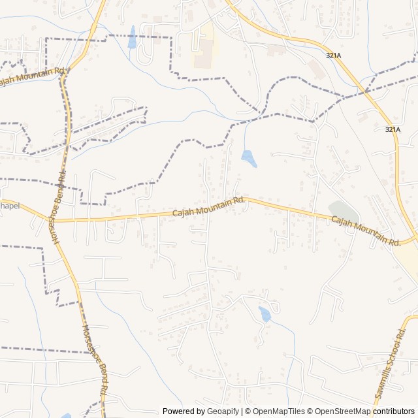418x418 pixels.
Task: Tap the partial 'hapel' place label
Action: point(10,205)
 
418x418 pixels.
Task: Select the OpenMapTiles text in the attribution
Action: point(278,411)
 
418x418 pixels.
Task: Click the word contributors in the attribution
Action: point(394,411)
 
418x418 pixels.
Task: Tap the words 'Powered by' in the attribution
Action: point(184,411)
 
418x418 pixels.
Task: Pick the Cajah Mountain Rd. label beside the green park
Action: point(366,231)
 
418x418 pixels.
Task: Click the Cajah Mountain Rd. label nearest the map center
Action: point(208,207)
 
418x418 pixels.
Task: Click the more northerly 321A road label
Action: point(333,56)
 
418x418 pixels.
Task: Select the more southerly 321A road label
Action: point(392,129)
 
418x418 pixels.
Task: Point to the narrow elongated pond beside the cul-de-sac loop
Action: point(132,37)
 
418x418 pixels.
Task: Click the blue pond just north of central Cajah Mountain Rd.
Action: point(248,157)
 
